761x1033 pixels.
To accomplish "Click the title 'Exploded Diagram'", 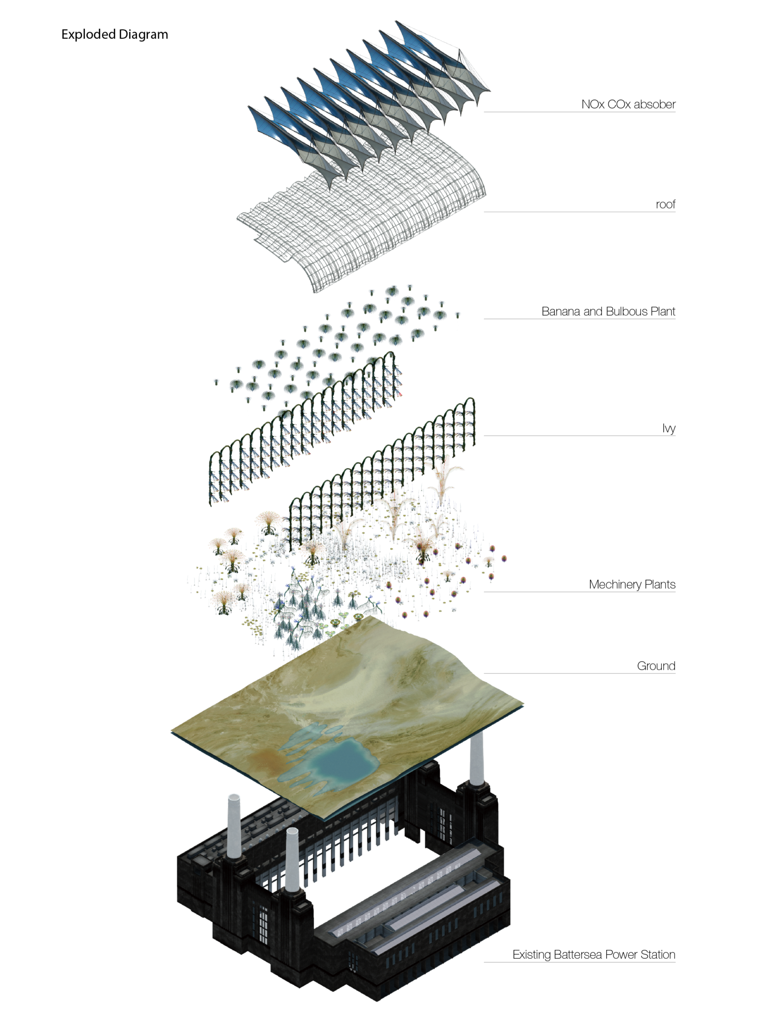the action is [115, 34].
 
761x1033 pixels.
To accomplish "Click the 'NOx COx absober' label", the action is [628, 104].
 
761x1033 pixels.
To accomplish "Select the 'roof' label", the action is [666, 204].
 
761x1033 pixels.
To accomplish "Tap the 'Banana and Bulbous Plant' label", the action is [608, 311].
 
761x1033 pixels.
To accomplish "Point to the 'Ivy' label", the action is [669, 428].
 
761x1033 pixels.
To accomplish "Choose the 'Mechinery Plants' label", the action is [632, 584].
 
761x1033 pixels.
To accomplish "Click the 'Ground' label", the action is [656, 666].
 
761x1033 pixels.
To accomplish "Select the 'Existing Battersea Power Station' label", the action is [594, 954].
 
